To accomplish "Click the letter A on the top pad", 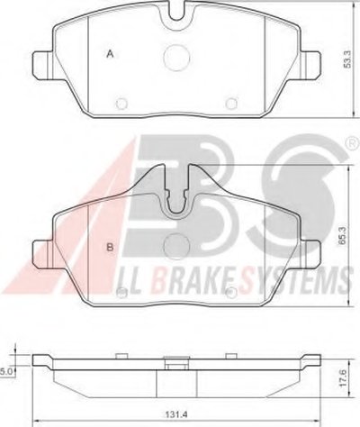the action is pyautogui.click(x=111, y=54).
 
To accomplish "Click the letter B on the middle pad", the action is pyautogui.click(x=110, y=247).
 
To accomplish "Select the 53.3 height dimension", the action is pyautogui.click(x=347, y=59).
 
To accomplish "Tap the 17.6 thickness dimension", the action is pyautogui.click(x=344, y=377).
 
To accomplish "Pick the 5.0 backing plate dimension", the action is pyautogui.click(x=5, y=371).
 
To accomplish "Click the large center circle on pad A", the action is pyautogui.click(x=177, y=58).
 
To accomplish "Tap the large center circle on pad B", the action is pyautogui.click(x=177, y=247).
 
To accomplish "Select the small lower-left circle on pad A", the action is pyautogui.click(x=121, y=104).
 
